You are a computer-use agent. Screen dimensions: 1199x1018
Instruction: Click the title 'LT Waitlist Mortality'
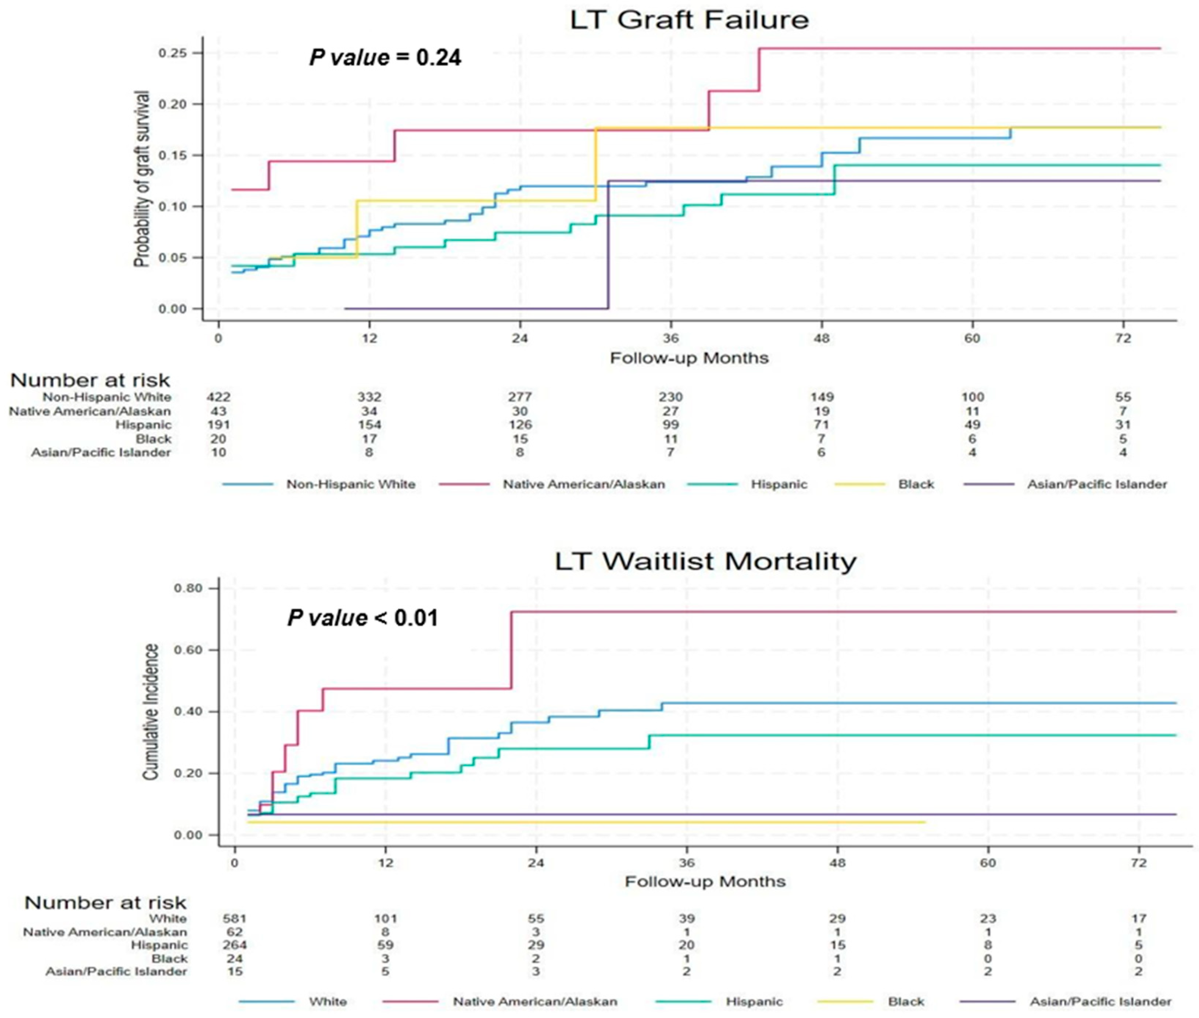pyautogui.click(x=705, y=561)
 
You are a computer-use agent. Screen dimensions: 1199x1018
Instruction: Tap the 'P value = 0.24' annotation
pyautogui.click(x=385, y=58)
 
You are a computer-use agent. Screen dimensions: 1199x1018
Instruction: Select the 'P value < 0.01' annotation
pyautogui.click(x=362, y=618)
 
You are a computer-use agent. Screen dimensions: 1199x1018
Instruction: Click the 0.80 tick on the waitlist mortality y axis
pyautogui.click(x=188, y=588)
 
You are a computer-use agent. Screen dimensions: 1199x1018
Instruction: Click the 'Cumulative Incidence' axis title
pyautogui.click(x=151, y=712)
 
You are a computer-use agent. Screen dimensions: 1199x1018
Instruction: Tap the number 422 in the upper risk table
pyautogui.click(x=219, y=397)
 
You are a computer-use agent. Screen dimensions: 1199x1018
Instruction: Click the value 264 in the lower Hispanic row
pyautogui.click(x=235, y=945)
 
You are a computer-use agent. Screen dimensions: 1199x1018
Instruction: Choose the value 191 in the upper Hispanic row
pyautogui.click(x=219, y=425)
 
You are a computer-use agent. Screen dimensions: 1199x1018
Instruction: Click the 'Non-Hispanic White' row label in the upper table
pyautogui.click(x=107, y=397)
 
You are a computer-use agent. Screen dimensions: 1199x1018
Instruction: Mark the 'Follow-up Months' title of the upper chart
pyautogui.click(x=689, y=358)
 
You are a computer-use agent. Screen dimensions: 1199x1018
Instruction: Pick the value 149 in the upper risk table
pyautogui.click(x=822, y=397)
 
